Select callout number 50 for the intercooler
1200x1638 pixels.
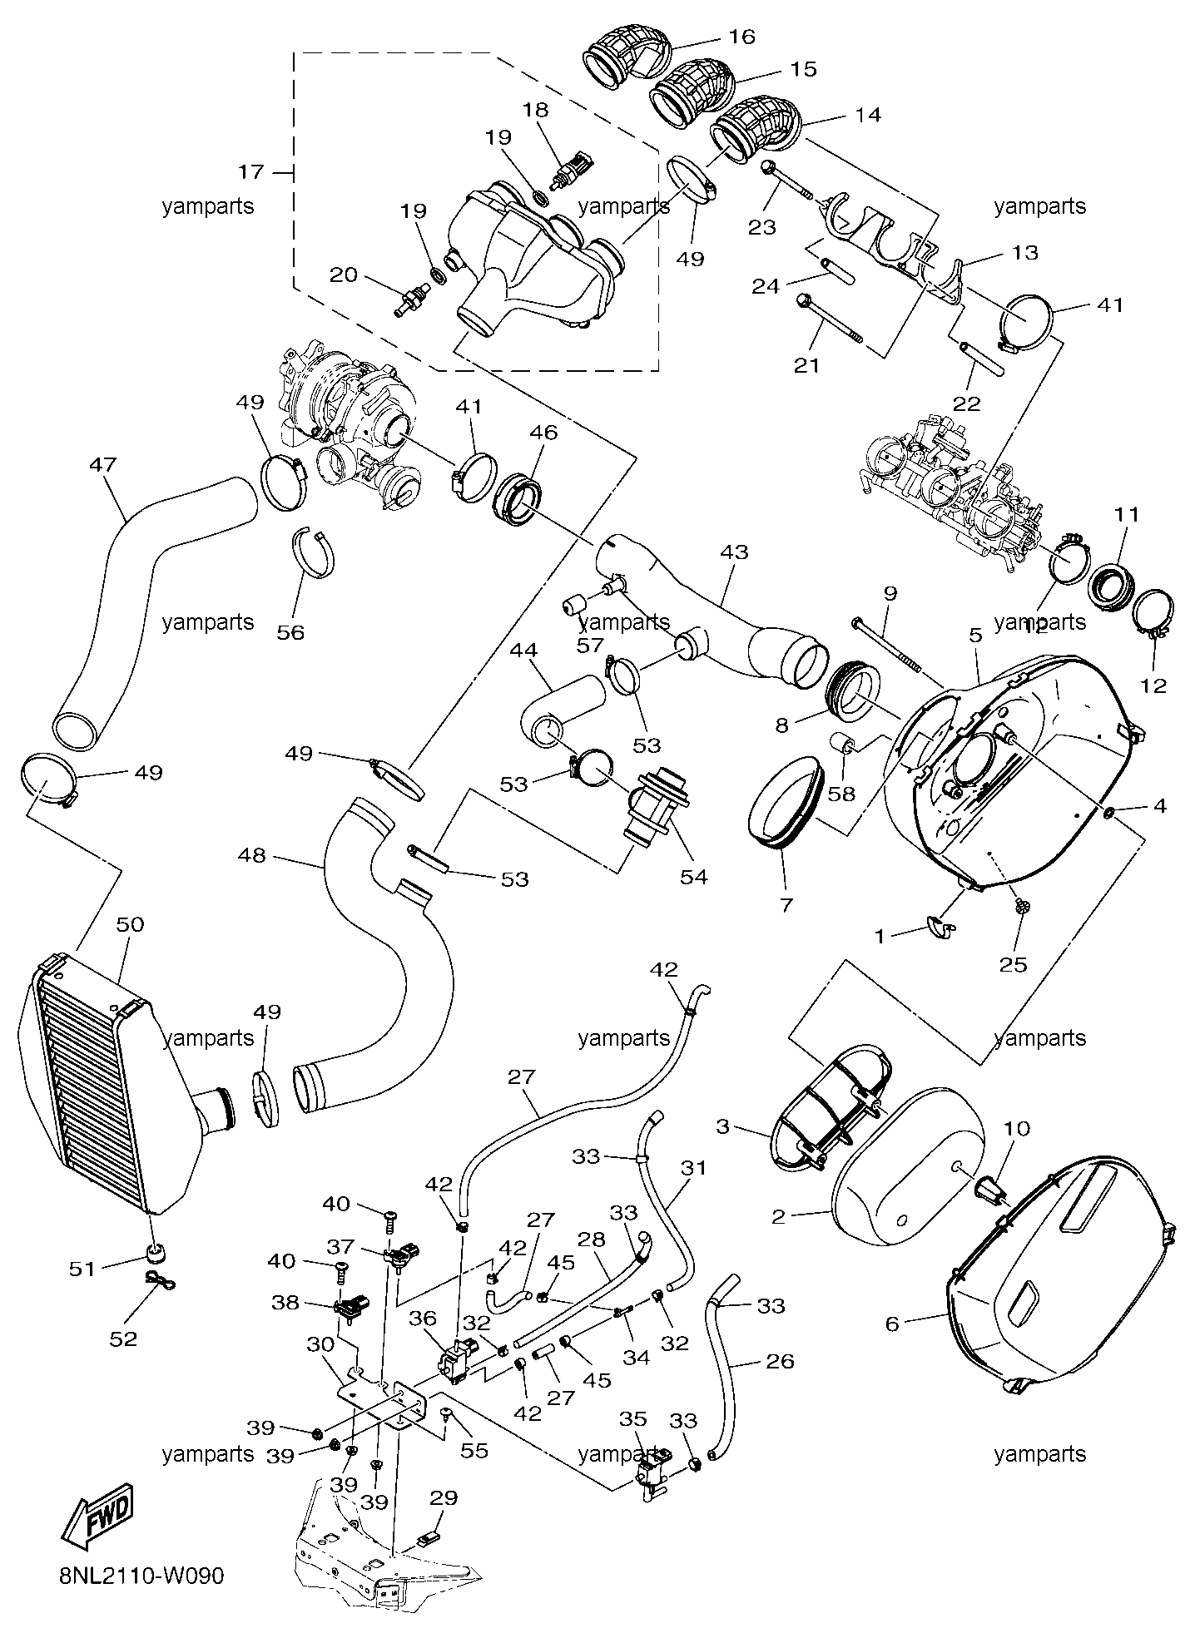[130, 924]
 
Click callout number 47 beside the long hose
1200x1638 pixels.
[103, 465]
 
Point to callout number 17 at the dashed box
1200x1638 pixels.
[251, 172]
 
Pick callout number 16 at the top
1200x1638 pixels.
[741, 37]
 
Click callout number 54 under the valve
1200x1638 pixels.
[694, 876]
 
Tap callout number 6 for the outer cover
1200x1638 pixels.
[893, 1323]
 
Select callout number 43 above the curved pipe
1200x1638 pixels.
[734, 552]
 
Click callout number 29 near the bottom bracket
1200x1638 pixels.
[444, 1497]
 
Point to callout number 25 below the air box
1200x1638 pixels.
[1013, 964]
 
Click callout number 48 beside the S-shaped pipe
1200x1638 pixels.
[251, 854]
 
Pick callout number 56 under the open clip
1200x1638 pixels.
[290, 632]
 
